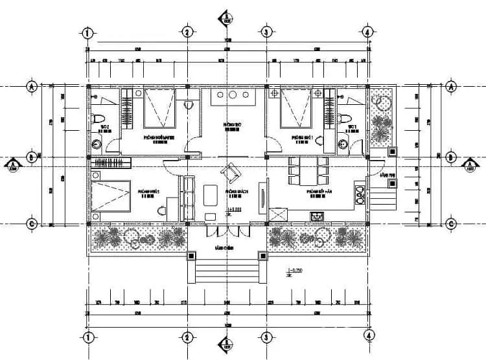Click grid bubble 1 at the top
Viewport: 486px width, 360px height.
89,32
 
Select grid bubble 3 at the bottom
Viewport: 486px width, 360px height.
266,337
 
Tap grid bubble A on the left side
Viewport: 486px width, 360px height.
30,85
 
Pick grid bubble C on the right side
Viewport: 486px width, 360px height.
452,224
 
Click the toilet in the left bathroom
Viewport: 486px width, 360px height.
96,120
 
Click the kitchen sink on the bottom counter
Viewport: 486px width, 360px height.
317,216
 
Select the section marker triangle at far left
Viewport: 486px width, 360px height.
13,166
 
